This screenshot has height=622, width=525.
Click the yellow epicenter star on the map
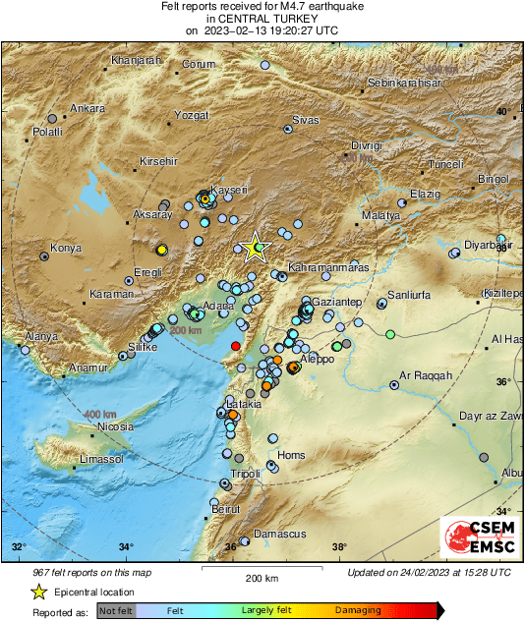click(x=255, y=248)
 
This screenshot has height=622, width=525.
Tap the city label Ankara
click(x=87, y=108)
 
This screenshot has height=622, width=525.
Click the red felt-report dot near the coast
click(x=235, y=346)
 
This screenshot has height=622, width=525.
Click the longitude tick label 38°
click(x=338, y=547)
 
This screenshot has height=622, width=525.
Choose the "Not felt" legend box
click(x=116, y=610)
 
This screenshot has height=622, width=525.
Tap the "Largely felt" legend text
click(x=264, y=610)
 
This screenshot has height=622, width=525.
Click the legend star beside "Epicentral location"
click(x=38, y=592)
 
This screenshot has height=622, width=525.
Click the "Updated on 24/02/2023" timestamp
click(x=429, y=572)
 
